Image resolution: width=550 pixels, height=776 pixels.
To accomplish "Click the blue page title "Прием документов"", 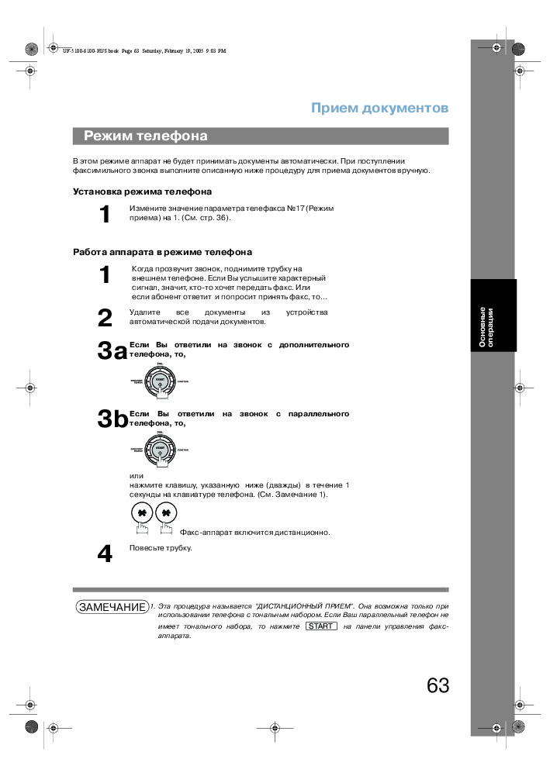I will coord(379,108).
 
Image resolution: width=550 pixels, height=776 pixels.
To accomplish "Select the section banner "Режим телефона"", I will coord(146,136).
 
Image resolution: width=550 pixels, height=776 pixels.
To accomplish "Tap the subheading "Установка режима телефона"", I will coord(142,191).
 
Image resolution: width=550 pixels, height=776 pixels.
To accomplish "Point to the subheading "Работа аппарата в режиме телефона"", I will coord(162,252).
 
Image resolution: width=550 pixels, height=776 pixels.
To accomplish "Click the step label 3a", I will coord(112,351).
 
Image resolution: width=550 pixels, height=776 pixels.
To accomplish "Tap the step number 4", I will coord(105,554).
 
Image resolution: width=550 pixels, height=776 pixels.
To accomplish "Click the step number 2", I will coord(106,318).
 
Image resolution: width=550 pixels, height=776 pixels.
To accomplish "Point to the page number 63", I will coord(438,685).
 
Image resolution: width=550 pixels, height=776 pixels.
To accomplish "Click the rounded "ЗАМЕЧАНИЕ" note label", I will coord(112,607).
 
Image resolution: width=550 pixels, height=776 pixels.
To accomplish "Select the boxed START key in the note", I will coord(321,626).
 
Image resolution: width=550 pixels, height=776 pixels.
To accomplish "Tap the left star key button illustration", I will coord(142,513).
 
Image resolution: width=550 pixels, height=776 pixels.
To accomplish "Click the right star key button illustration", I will coord(166,513).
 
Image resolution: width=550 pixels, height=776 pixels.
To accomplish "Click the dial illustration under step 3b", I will coord(160,450).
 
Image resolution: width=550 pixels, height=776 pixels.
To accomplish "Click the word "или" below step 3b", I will coord(137,475).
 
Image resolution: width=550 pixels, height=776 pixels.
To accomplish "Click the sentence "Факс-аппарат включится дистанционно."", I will coord(254,533).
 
